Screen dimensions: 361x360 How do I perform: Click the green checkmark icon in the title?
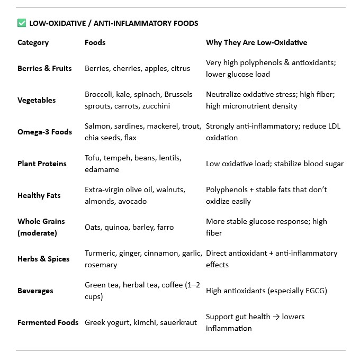[x=22, y=23]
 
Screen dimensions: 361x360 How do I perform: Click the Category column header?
[x=33, y=42]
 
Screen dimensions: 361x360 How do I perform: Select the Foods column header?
[x=95, y=42]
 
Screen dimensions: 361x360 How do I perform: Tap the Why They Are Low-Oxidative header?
[x=256, y=42]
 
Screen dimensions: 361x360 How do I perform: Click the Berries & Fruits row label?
[x=44, y=68]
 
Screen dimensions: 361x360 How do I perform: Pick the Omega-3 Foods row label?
[x=44, y=132]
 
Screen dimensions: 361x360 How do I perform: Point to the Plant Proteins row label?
[x=42, y=164]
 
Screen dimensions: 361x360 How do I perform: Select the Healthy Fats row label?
[x=39, y=195]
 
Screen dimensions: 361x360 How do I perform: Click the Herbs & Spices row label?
[x=43, y=259]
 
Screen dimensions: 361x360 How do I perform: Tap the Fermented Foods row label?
[x=48, y=322]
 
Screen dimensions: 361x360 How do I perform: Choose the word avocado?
[x=133, y=201]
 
